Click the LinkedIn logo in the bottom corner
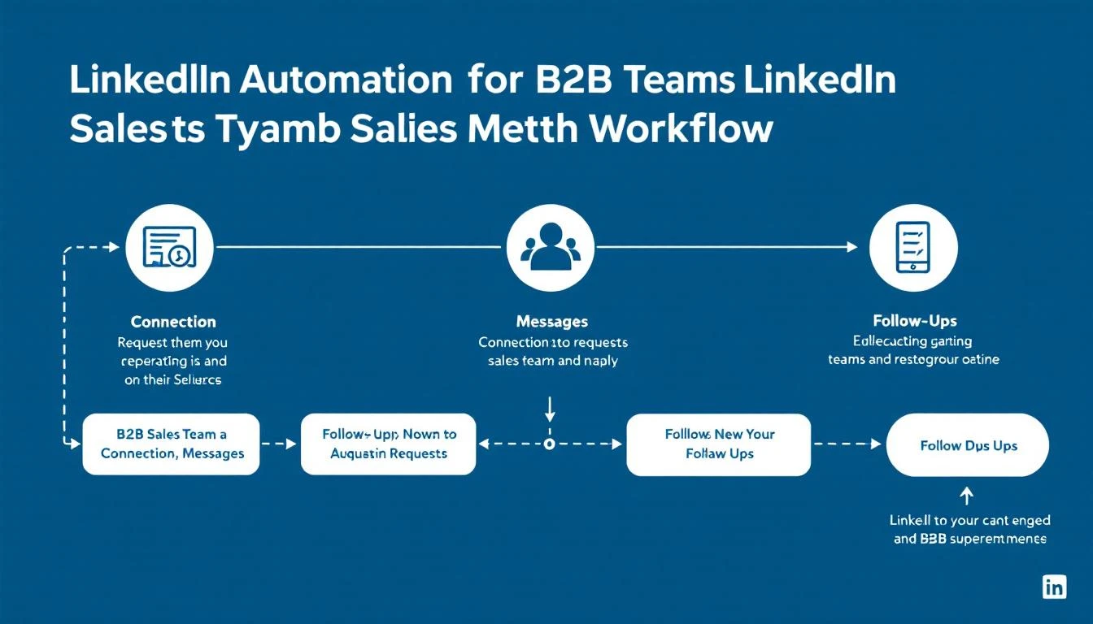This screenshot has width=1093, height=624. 1054,587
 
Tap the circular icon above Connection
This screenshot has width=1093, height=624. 170,246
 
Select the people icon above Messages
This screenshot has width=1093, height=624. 550,246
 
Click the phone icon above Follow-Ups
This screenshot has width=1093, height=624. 913,246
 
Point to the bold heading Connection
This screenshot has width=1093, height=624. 173,322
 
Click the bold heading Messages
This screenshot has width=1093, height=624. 551,322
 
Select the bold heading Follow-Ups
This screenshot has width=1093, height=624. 914,321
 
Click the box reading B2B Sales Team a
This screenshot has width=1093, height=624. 172,444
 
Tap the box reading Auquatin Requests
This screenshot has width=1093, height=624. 389,444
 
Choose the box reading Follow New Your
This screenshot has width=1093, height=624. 719,444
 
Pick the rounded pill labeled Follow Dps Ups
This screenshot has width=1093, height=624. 968,445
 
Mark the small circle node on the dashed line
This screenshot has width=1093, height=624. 550,444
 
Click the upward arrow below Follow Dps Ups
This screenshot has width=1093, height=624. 967,494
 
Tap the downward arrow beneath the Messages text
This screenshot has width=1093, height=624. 550,404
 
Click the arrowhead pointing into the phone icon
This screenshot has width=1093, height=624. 851,246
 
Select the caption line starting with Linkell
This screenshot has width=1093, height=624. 969,520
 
